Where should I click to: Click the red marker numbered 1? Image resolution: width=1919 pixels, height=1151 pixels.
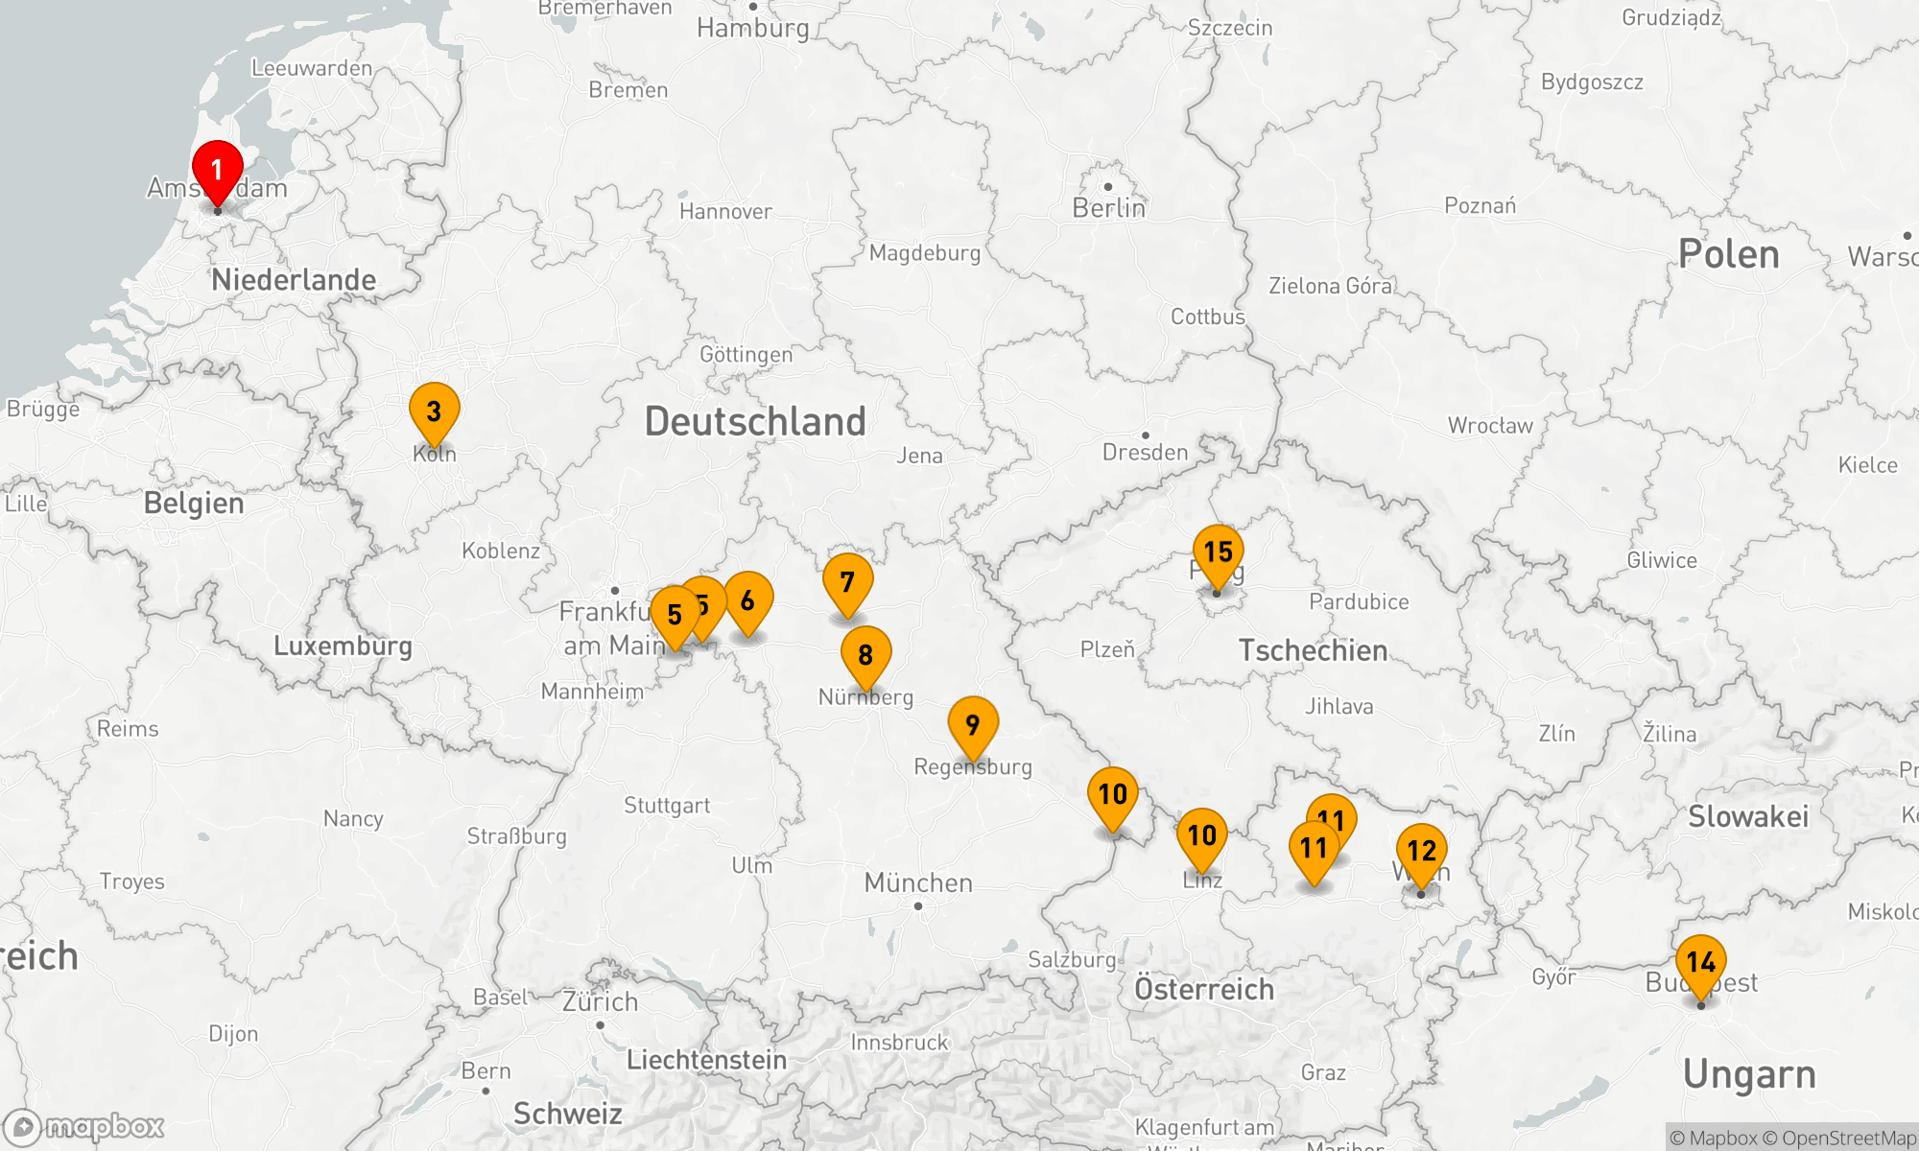(217, 171)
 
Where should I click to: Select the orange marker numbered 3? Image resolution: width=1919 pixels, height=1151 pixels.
(434, 411)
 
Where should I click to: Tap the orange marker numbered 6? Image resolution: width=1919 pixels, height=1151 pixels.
(747, 600)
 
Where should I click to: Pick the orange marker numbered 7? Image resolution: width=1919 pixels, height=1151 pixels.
(847, 582)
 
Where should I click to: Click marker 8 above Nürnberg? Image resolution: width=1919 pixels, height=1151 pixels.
(865, 655)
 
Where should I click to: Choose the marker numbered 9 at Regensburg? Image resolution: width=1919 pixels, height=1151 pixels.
(973, 725)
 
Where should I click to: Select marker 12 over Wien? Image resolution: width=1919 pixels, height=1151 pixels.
(1421, 851)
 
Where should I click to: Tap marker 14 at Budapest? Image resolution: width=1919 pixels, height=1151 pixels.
(1700, 962)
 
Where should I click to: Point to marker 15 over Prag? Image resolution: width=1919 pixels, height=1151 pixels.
(1218, 552)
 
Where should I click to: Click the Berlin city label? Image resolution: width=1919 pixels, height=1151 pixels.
(1108, 208)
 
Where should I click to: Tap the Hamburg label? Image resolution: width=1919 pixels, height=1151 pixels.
(753, 28)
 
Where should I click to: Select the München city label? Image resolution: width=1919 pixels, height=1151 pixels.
(918, 882)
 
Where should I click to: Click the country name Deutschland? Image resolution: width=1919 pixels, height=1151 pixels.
(755, 422)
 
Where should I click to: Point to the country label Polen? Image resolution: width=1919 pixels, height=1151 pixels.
(1728, 254)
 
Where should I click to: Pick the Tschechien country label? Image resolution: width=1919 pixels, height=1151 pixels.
(1313, 650)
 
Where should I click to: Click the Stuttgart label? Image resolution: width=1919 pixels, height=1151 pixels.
(667, 806)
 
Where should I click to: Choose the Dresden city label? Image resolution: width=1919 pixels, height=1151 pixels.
(1145, 452)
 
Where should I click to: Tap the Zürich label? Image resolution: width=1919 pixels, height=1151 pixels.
(600, 1002)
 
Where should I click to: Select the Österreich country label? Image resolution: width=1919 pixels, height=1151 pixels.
(1204, 989)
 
